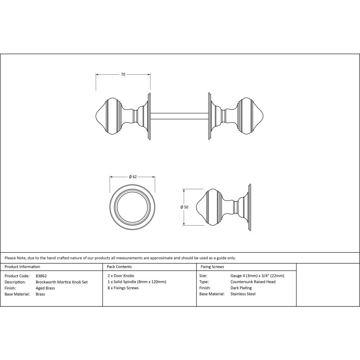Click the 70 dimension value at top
[123, 75]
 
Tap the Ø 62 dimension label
[132, 177]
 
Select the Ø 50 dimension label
[184, 207]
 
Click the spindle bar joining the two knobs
[179, 116]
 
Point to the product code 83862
[41, 276]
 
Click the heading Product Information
[22, 267]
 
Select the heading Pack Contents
[119, 267]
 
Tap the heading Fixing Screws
[212, 267]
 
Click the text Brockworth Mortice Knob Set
[62, 282]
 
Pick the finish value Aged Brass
[45, 288]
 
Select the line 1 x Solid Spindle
[136, 282]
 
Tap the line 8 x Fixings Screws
[123, 288]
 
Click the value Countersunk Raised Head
[253, 282]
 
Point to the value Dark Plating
[241, 288]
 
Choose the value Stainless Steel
[243, 294]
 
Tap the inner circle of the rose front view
[132, 207]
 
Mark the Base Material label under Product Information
[17, 294]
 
